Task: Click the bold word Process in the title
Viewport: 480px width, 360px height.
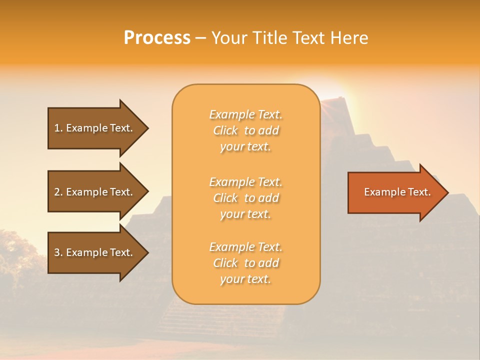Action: (157, 38)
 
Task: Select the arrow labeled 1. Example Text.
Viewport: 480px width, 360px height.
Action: (95, 128)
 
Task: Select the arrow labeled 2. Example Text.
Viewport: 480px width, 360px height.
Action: (95, 192)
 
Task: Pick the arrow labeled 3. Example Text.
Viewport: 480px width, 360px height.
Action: (95, 252)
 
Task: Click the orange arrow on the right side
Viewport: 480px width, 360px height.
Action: (395, 192)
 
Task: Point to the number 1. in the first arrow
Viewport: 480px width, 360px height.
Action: (58, 128)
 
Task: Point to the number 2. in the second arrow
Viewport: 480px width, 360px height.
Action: (58, 192)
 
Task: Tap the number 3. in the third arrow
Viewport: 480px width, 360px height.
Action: (58, 252)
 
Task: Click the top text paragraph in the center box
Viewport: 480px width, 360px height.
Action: (246, 130)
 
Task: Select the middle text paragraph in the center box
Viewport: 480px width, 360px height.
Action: (246, 198)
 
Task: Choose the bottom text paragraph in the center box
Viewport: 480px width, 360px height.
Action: (246, 263)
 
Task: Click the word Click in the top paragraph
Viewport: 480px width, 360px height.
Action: (225, 131)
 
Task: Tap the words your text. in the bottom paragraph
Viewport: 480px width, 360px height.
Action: (245, 279)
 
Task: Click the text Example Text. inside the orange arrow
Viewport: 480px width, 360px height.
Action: (397, 192)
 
